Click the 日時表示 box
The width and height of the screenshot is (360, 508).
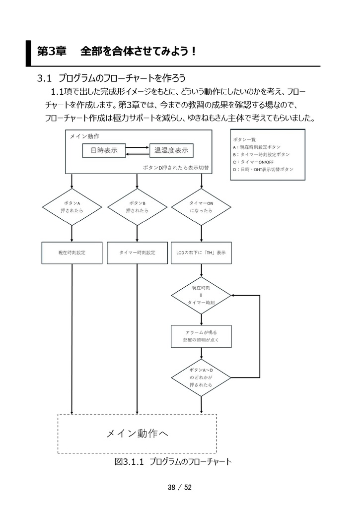(x=104, y=151)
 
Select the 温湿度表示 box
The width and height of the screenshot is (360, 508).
(x=171, y=151)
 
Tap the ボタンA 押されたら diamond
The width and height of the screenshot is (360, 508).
(x=72, y=207)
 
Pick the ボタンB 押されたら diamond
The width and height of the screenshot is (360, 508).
(x=137, y=207)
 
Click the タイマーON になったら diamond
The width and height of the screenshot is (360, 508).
(x=201, y=207)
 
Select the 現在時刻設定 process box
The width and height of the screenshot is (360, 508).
(x=72, y=253)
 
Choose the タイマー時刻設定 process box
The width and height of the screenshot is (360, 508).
(x=137, y=253)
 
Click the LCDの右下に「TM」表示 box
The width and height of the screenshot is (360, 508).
(x=201, y=253)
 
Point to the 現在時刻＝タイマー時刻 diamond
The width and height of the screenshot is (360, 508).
(x=201, y=295)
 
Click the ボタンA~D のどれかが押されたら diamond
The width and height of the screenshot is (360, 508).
(x=201, y=378)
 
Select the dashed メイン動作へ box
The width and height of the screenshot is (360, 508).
(x=137, y=434)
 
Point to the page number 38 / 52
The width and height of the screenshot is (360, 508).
(x=180, y=488)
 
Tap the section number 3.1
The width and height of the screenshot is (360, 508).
(x=45, y=78)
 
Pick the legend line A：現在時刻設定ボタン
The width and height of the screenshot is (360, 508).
(x=257, y=147)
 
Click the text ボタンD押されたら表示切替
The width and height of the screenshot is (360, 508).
(x=175, y=168)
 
